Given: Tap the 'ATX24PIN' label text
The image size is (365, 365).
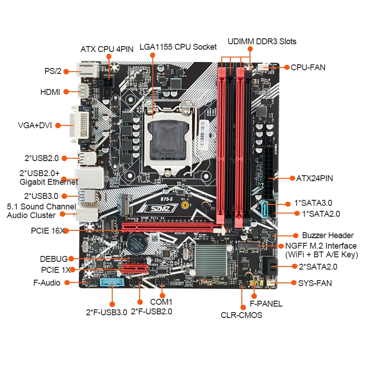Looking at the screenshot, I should click(x=314, y=178).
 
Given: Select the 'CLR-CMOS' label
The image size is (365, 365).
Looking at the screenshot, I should click(x=241, y=315).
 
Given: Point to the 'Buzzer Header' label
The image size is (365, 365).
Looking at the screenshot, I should click(x=328, y=235).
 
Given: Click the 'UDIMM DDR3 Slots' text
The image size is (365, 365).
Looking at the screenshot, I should click(x=262, y=42).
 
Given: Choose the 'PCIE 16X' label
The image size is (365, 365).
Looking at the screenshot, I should click(x=47, y=231).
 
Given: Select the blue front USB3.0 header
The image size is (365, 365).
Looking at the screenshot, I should click(x=112, y=283).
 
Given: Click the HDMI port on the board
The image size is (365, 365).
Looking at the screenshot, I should click(x=85, y=92).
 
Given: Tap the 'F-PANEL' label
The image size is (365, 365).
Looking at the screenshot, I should click(x=266, y=304).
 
